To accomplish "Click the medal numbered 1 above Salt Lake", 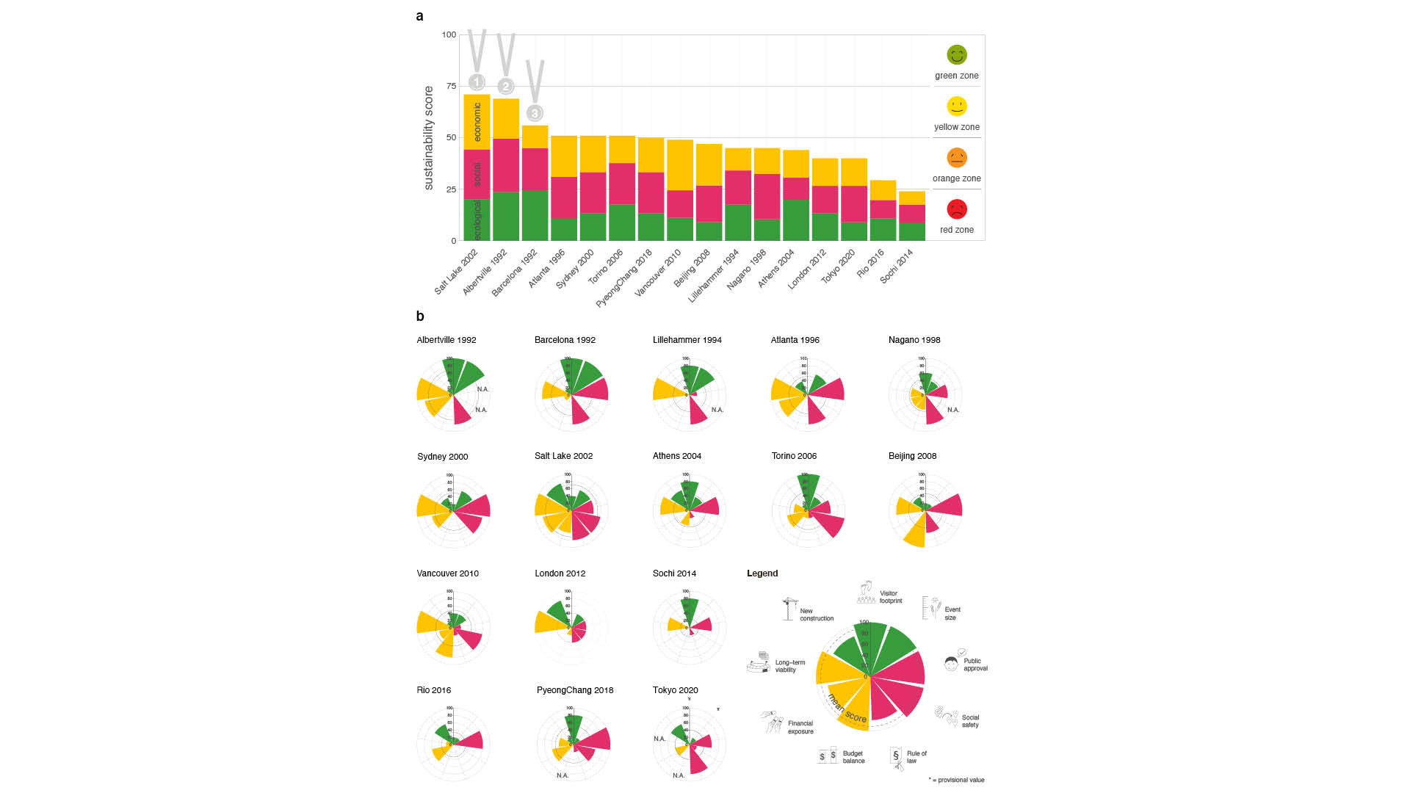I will [477, 82].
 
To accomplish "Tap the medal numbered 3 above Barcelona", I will [535, 113].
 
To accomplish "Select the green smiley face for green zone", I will [956, 55].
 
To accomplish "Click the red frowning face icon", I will [956, 209].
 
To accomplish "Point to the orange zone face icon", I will [956, 158].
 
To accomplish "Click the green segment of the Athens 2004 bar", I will [795, 220].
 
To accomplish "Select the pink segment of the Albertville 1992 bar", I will [505, 165].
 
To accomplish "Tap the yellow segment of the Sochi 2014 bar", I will [911, 198].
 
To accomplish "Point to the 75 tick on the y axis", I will [450, 86].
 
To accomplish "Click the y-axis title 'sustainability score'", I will [429, 138].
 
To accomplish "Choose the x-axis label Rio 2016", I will [871, 264].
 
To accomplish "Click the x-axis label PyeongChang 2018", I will [624, 278].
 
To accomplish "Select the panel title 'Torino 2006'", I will [794, 456].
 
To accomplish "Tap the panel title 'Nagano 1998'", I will [914, 340].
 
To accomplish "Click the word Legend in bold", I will [762, 573].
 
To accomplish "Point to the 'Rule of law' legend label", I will [916, 757].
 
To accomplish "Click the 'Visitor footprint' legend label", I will [891, 597].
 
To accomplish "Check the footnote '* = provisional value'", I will [956, 780].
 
